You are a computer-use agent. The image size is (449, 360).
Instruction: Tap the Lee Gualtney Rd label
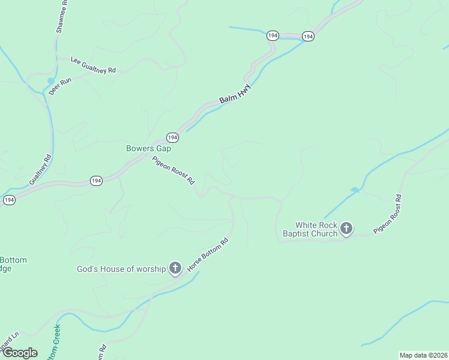pos(93,65)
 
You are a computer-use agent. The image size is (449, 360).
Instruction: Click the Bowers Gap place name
pos(148,148)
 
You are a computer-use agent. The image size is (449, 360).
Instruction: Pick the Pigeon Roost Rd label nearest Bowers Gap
pos(173,170)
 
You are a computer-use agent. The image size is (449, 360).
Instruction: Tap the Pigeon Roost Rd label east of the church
pos(388,214)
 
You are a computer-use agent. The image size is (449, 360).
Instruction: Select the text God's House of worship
pos(121,269)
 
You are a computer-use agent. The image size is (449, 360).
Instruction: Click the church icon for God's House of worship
pos(175,268)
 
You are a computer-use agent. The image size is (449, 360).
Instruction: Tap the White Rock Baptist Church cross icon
pos(346,229)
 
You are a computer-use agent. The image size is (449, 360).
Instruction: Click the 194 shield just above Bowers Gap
pos(172,137)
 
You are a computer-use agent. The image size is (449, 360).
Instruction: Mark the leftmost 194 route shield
pos(8,200)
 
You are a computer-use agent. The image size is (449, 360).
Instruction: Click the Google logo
pos(20,353)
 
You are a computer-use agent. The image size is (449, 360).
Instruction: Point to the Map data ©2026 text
pos(423,355)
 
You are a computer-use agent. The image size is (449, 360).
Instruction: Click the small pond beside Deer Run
pos(50,80)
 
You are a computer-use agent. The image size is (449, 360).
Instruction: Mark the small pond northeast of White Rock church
pos(355,190)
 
